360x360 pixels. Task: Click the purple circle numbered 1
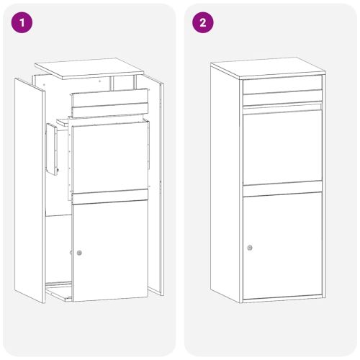(x=23, y=22)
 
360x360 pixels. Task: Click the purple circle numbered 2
(x=202, y=22)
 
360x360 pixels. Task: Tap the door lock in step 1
(x=79, y=253)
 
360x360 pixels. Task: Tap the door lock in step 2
(x=250, y=248)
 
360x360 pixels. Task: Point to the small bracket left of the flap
(x=52, y=149)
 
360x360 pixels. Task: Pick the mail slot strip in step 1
(x=109, y=102)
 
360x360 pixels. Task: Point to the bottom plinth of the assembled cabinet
(x=282, y=298)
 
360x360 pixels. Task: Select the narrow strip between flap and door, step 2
(x=282, y=189)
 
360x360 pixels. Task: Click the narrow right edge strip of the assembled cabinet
(x=324, y=187)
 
